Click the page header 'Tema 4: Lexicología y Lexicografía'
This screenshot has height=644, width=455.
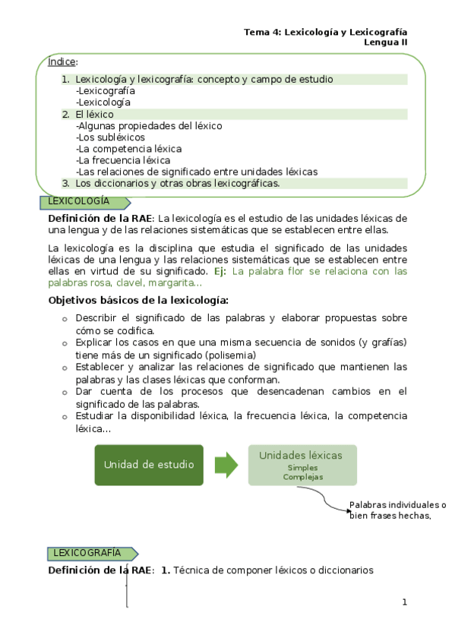[325, 32]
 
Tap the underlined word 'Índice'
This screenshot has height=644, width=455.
[62, 62]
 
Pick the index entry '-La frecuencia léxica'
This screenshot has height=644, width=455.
[123, 160]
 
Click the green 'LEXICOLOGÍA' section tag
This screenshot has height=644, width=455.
[78, 202]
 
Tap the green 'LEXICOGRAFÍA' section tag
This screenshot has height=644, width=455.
[84, 554]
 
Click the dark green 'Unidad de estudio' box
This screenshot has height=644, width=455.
[148, 464]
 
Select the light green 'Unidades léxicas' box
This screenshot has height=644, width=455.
[302, 464]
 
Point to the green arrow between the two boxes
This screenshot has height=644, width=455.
[226, 464]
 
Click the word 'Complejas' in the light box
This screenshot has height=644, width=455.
[302, 478]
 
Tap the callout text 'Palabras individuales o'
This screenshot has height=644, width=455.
[397, 505]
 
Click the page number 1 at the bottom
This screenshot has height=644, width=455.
[405, 602]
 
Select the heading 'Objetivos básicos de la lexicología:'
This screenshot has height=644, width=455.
[138, 300]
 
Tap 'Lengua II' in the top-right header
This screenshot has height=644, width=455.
[386, 43]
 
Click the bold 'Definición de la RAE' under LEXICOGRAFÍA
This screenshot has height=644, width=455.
[98, 570]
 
